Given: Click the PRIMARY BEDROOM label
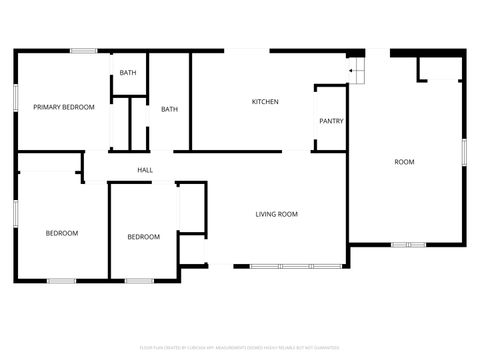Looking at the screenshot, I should (x=64, y=107).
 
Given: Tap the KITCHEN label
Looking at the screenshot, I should (x=264, y=102).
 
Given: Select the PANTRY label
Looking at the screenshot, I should (x=331, y=122).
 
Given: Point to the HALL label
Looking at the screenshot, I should (x=145, y=170).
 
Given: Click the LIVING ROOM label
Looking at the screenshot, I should (x=277, y=214).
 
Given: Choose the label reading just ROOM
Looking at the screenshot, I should (x=404, y=162).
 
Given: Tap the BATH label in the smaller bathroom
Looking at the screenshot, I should (x=128, y=73).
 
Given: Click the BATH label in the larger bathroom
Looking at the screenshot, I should (x=169, y=110).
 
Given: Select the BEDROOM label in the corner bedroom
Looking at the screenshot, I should (x=62, y=234).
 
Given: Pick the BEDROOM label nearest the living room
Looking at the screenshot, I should (x=143, y=237).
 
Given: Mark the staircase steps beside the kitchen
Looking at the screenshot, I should (x=357, y=71).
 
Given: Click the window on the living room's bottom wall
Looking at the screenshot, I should (x=279, y=265).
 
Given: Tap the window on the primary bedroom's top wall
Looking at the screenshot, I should (x=83, y=51).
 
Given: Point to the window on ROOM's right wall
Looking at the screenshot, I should (x=464, y=150).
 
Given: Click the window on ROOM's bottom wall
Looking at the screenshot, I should (x=407, y=244).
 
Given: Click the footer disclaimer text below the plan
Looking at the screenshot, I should (x=239, y=347).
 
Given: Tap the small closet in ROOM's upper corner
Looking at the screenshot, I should (x=440, y=68).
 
